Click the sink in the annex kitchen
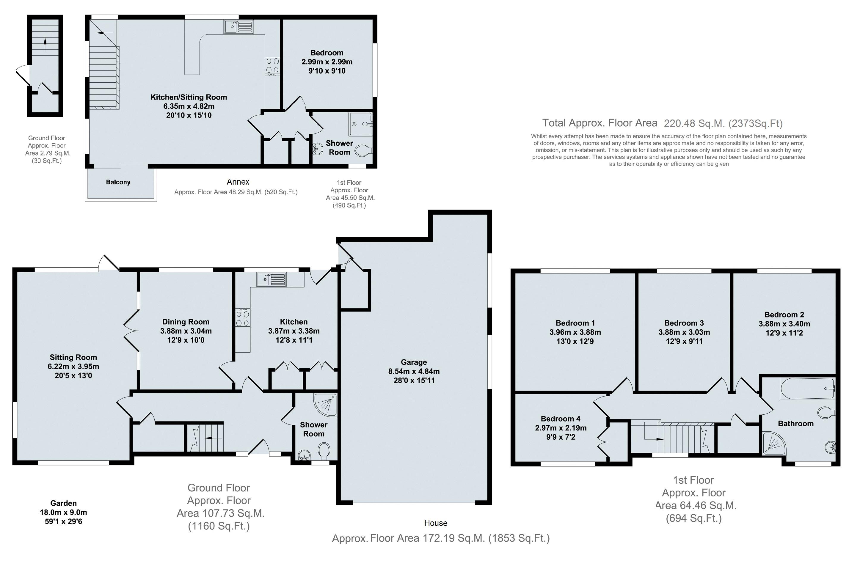point(239,26)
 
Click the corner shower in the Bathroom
point(773,444)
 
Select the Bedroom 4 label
point(561,419)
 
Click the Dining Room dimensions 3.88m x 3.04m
point(186,331)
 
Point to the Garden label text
point(63,503)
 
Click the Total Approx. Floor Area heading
point(600,123)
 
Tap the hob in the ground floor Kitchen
point(242,318)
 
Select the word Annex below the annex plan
point(238,182)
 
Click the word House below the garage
point(436,523)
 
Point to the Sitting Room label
point(73,357)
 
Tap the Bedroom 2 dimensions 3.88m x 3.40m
point(784,324)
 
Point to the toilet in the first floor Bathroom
point(826,412)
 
